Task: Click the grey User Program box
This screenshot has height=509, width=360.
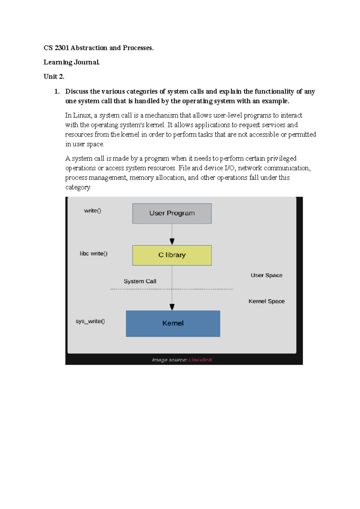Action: pyautogui.click(x=172, y=213)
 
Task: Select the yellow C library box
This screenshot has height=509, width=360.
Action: pyautogui.click(x=172, y=255)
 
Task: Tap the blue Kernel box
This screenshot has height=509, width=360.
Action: pyautogui.click(x=173, y=323)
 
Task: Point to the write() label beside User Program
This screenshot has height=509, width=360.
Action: pyautogui.click(x=92, y=211)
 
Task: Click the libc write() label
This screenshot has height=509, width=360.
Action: pyautogui.click(x=94, y=254)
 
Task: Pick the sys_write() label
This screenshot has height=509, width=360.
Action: pyautogui.click(x=90, y=321)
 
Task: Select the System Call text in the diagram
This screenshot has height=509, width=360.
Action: pyautogui.click(x=140, y=281)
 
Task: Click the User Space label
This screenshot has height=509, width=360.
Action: pyautogui.click(x=266, y=275)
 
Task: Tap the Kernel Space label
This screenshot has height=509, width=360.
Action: pyautogui.click(x=266, y=301)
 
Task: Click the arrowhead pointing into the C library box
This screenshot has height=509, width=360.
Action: pyautogui.click(x=172, y=242)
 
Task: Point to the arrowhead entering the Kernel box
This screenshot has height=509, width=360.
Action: pyautogui.click(x=172, y=307)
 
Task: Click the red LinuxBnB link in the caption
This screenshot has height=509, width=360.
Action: pyautogui.click(x=200, y=360)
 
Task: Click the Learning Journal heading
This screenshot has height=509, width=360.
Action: pyautogui.click(x=71, y=62)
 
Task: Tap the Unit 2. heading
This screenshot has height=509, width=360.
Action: pyautogui.click(x=54, y=77)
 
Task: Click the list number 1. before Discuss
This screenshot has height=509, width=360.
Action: pyautogui.click(x=57, y=91)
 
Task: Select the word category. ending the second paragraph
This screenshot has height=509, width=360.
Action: pyautogui.click(x=78, y=187)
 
